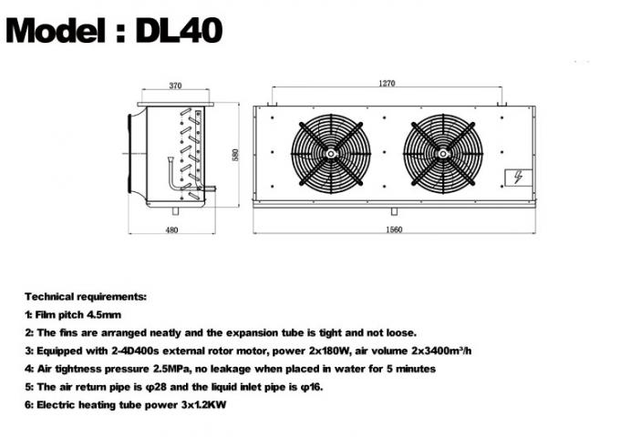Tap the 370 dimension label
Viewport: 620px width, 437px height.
tap(176, 86)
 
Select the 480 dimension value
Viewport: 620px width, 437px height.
tap(171, 229)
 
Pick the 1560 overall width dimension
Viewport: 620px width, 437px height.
tap(394, 229)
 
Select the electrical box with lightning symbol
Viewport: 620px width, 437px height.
tap(514, 177)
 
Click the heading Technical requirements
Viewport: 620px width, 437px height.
tap(85, 297)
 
